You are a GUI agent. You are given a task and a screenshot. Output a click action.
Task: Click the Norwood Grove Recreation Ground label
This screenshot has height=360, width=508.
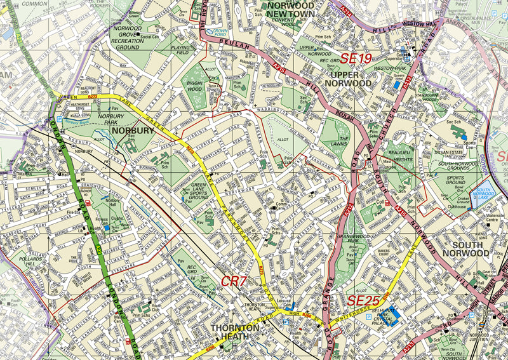126,37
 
